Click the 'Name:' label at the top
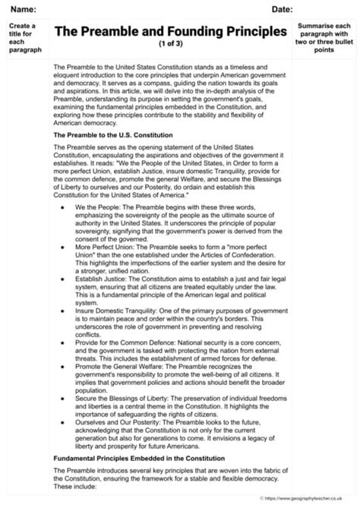point(24,8)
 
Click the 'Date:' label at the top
point(282,8)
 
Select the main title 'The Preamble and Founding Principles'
point(171,31)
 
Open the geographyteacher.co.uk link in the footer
point(310,499)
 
